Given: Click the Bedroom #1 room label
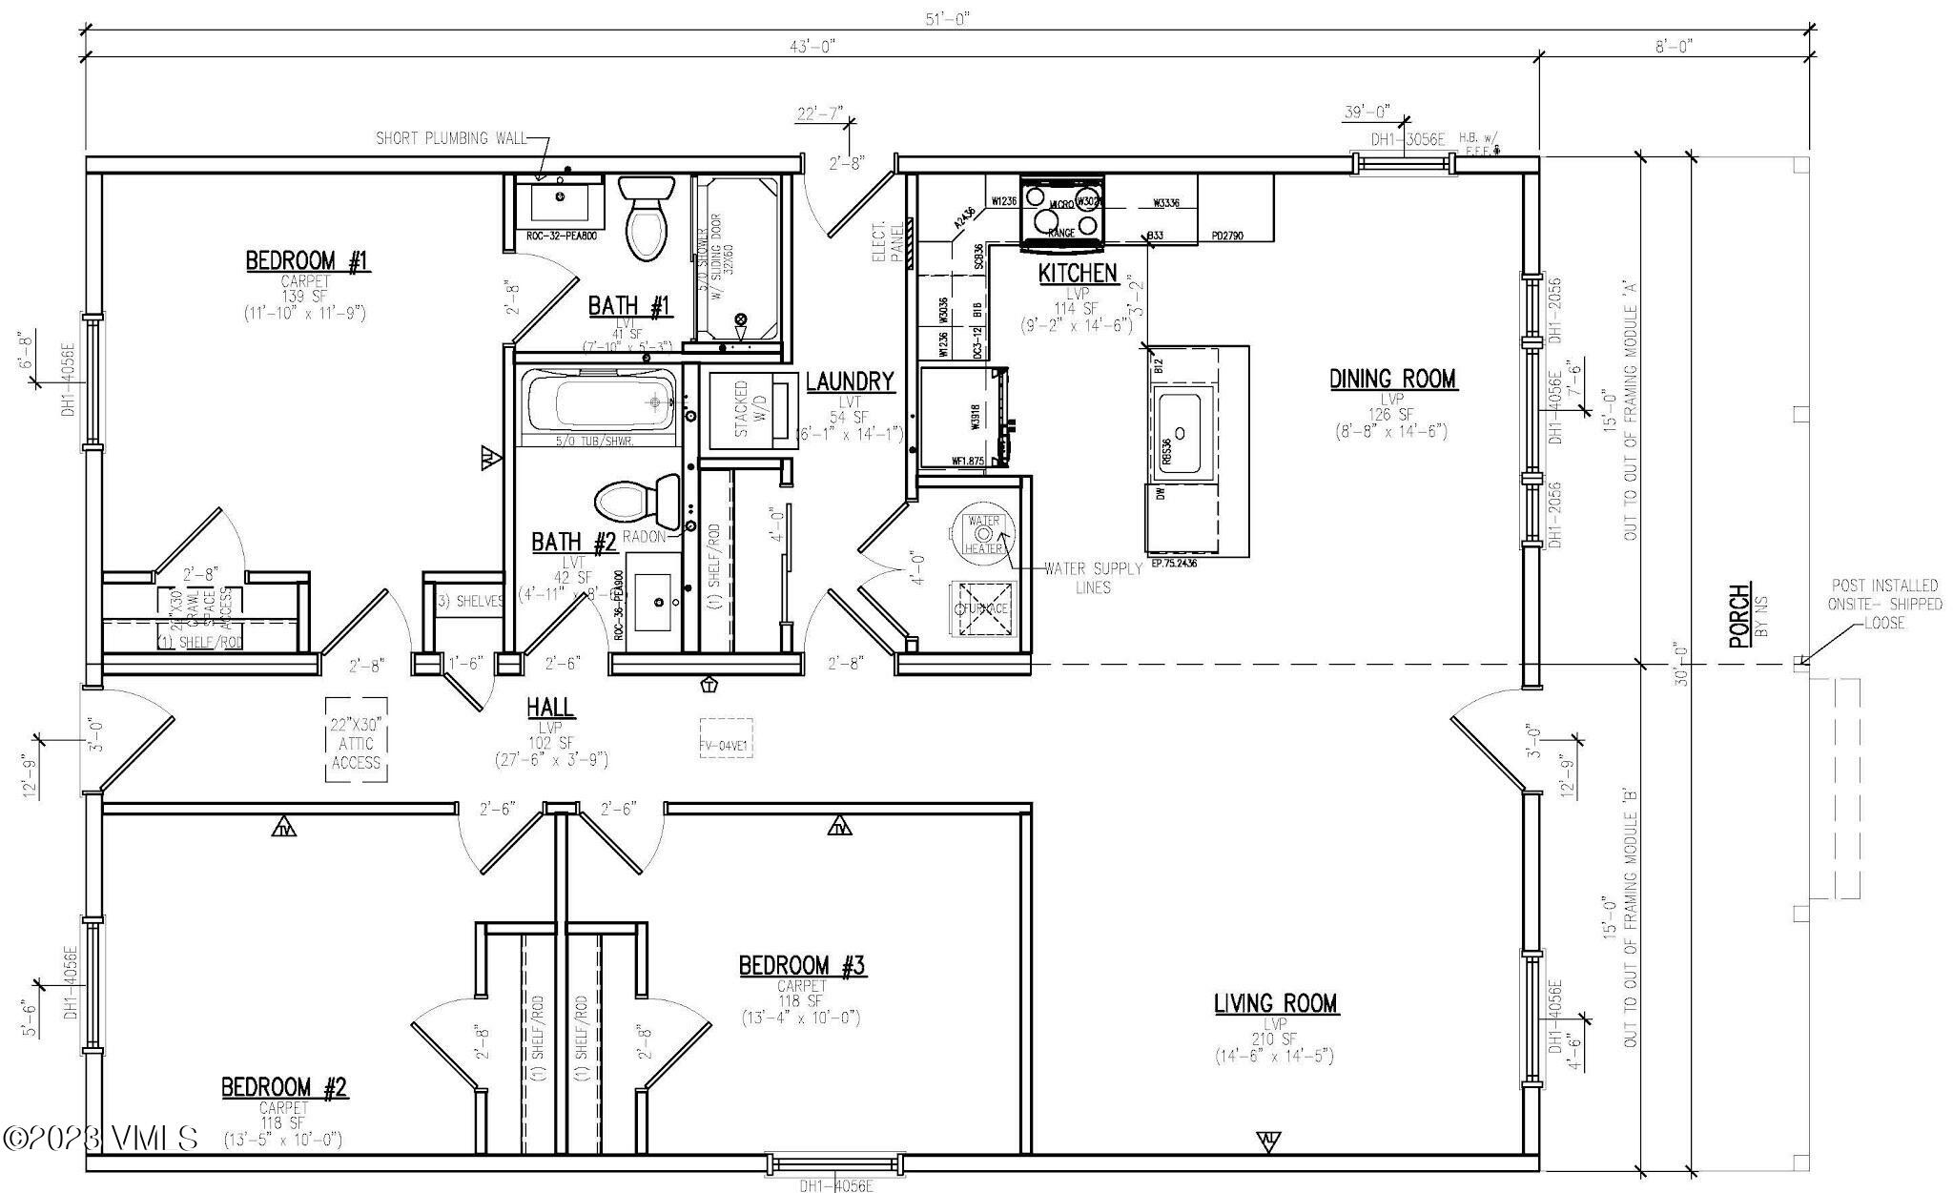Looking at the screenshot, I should pyautogui.click(x=307, y=261).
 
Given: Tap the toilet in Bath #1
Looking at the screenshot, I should pyautogui.click(x=647, y=218).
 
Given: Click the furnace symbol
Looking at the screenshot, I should pyautogui.click(x=984, y=607).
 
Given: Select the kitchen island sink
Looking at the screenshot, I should pyautogui.click(x=1182, y=432).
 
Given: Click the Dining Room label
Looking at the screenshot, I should pyautogui.click(x=1392, y=380).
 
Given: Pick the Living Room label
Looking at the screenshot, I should pyautogui.click(x=1275, y=1003).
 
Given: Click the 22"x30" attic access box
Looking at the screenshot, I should pyautogui.click(x=356, y=739).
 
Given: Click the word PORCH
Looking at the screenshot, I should pyautogui.click(x=1739, y=616).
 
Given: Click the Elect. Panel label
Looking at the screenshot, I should pyautogui.click(x=888, y=243).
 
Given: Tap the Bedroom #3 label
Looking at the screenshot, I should pyautogui.click(x=801, y=966).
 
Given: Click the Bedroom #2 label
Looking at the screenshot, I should pyautogui.click(x=284, y=1087).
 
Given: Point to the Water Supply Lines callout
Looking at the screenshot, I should pyautogui.click(x=1093, y=578).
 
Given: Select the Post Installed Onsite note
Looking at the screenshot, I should pyautogui.click(x=1884, y=604).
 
